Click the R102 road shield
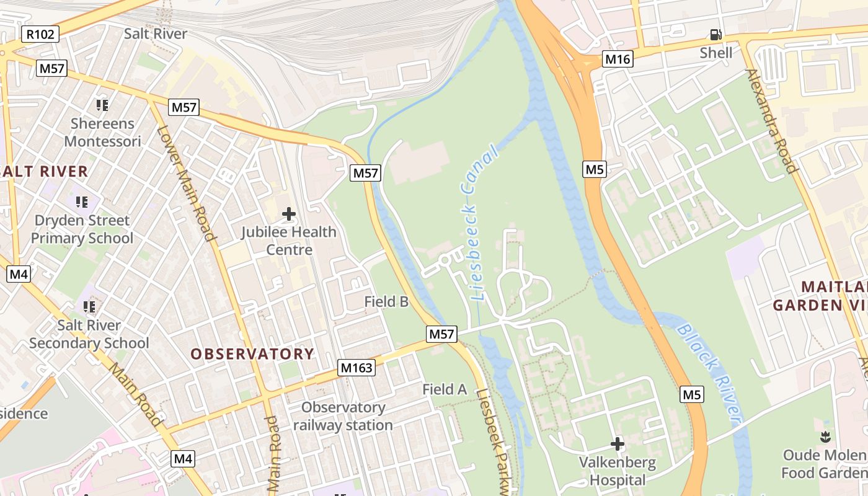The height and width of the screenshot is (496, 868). pos(40,34)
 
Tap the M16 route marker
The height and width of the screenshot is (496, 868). pos(618,60)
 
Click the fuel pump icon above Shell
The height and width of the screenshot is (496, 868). pos(715,35)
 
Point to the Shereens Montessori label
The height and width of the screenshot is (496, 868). pos(102,132)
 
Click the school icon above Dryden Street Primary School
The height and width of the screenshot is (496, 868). pos(82,201)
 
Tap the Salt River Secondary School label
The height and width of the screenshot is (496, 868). pos(89,334)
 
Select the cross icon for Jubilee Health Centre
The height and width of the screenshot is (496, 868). pos(288,215)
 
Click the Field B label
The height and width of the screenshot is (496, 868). pos(386,302)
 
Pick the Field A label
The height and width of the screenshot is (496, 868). pos(445,389)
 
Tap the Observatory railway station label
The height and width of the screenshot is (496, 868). pos(343,416)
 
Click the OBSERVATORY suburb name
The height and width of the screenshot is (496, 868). pos(252,354)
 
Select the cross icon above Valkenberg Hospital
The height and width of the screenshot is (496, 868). pos(617,444)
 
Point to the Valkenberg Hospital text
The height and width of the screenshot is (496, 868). pos(617,471)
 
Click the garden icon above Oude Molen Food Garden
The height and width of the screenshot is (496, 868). pos(825,436)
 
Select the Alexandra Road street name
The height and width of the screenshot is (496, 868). pos(771,121)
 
